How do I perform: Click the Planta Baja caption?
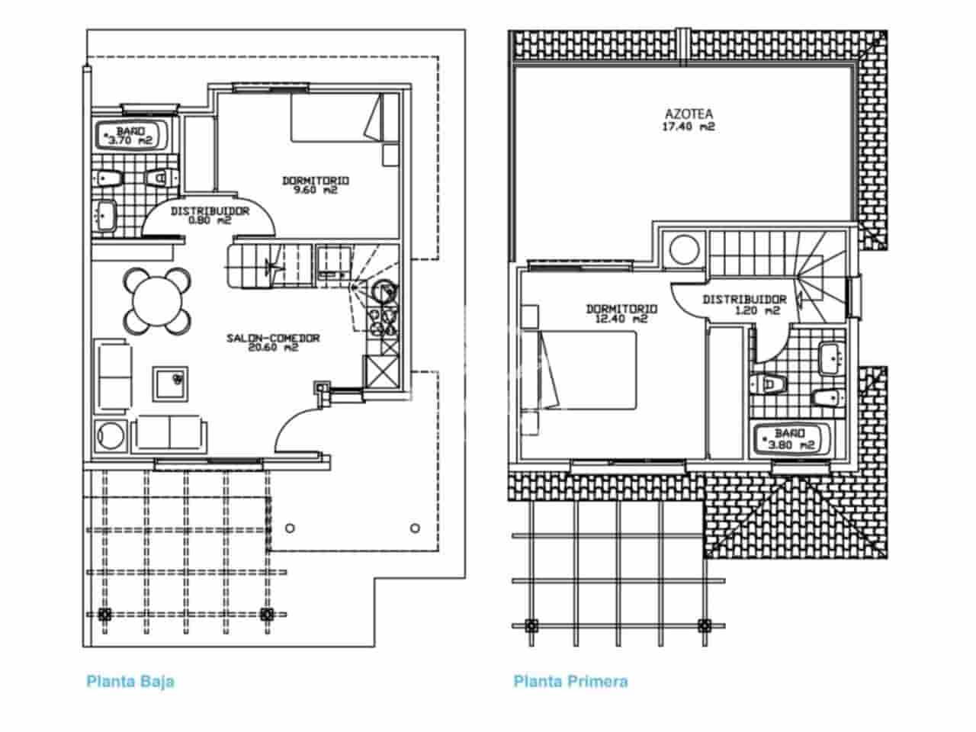(x=130, y=681)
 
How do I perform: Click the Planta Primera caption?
(x=570, y=681)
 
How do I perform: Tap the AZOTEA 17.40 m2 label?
(x=688, y=121)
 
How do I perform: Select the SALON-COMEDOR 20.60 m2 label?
(x=273, y=343)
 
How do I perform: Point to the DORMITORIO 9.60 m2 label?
(x=316, y=185)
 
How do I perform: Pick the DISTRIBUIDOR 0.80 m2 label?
(x=210, y=216)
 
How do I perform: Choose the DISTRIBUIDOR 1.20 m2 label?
(x=744, y=304)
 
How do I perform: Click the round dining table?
(x=157, y=300)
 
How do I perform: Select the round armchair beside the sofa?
(x=111, y=437)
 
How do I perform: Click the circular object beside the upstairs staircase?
(x=683, y=250)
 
